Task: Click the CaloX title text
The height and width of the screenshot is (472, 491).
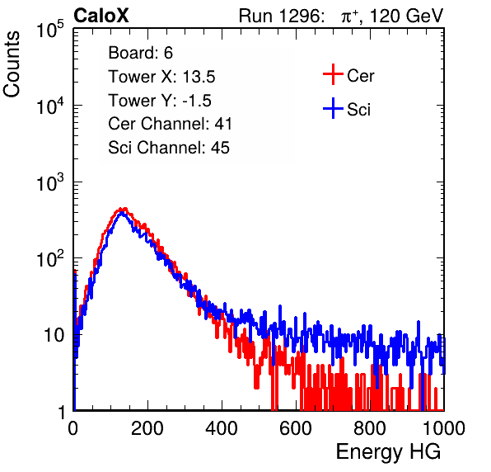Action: pyautogui.click(x=101, y=16)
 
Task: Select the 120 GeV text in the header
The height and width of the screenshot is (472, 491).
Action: pyautogui.click(x=407, y=16)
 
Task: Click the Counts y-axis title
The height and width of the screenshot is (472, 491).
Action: pyautogui.click(x=12, y=64)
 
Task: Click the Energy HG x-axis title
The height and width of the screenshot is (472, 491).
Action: pyautogui.click(x=388, y=452)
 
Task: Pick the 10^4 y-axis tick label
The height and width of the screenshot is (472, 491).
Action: pyautogui.click(x=50, y=106)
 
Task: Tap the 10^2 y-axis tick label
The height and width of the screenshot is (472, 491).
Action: pyautogui.click(x=50, y=258)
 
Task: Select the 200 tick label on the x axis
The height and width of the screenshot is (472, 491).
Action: pyautogui.click(x=147, y=428)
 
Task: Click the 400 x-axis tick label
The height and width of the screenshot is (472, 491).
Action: pyautogui.click(x=222, y=428)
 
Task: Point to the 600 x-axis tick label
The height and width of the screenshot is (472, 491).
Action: pyautogui.click(x=296, y=428)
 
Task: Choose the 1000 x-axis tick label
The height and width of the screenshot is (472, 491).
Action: pyautogui.click(x=444, y=428)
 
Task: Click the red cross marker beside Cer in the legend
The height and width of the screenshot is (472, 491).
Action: pyautogui.click(x=333, y=74)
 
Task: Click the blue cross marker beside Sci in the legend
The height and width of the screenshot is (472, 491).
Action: pyautogui.click(x=333, y=109)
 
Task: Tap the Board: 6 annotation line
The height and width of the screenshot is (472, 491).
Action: pyautogui.click(x=140, y=53)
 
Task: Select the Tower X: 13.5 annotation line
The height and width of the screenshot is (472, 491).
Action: pyautogui.click(x=161, y=77)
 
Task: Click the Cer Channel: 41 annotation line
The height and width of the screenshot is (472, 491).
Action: pyautogui.click(x=170, y=124)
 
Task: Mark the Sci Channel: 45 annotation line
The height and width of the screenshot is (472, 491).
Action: pyautogui.click(x=169, y=148)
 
